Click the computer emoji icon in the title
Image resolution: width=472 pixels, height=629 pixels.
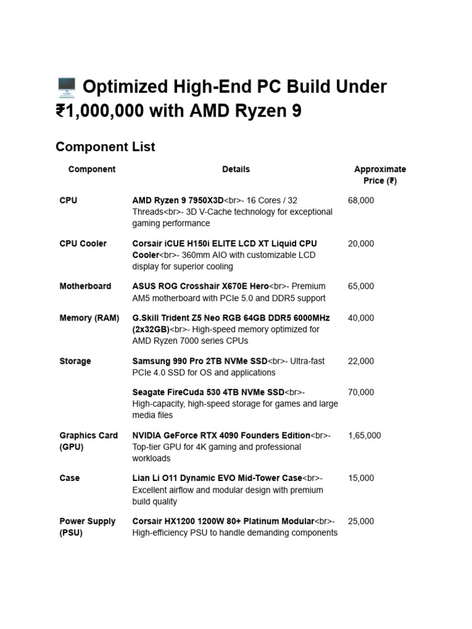point(66,87)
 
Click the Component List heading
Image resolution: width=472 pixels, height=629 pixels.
point(105,147)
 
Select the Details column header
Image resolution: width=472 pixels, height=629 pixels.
point(236,169)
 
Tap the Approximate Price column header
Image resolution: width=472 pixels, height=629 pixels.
point(380,175)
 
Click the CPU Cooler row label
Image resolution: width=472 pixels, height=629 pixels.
point(83,243)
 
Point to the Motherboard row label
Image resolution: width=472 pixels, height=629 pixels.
point(85,286)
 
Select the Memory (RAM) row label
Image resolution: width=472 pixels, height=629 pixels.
point(89,318)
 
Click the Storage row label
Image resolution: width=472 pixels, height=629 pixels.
point(75,361)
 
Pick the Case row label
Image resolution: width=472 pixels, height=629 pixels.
point(69,478)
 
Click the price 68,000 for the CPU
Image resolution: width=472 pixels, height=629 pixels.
point(361,200)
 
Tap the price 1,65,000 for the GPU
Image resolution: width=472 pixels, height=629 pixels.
point(364,436)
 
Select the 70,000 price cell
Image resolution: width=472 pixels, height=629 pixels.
point(361,392)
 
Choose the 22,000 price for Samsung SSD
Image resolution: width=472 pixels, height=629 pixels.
point(361,361)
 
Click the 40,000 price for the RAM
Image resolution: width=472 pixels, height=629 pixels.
point(361,318)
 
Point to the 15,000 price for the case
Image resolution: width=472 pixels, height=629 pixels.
point(361,478)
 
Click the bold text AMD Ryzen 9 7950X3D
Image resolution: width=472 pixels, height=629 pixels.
point(178,200)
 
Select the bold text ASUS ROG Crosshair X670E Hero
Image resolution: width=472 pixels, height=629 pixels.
point(200,286)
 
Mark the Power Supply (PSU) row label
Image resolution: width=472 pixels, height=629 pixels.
point(87,527)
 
